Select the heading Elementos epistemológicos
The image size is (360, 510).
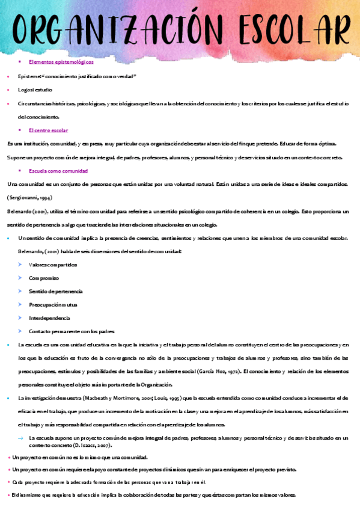click(x=61, y=61)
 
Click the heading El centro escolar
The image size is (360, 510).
click(x=48, y=130)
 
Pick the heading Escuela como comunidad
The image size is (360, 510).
click(x=58, y=171)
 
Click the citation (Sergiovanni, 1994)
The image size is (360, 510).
click(x=28, y=198)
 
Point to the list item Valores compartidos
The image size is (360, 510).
click(x=53, y=265)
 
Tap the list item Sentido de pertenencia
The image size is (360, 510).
click(x=56, y=291)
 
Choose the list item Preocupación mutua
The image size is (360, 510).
click(x=53, y=304)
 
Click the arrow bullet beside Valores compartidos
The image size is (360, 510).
click(x=20, y=265)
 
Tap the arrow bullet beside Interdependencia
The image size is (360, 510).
click(x=20, y=318)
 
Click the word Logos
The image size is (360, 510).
click(x=26, y=90)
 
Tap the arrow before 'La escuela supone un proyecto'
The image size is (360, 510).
click(x=20, y=438)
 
